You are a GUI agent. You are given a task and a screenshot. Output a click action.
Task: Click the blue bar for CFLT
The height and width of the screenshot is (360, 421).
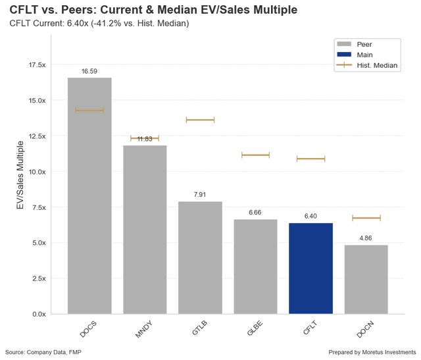pyautogui.click(x=310, y=269)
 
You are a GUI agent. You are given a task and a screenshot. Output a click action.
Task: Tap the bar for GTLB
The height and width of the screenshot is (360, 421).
pyautogui.click(x=200, y=257)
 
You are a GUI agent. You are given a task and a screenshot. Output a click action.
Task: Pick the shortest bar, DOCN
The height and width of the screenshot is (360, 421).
pyautogui.click(x=366, y=279)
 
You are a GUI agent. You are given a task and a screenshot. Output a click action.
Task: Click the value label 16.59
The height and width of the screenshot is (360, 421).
pyautogui.click(x=89, y=71)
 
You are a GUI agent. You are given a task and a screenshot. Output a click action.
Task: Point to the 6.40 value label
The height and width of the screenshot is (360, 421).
pyautogui.click(x=310, y=217)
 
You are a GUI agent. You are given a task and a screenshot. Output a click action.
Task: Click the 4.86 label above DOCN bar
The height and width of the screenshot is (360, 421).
pyautogui.click(x=366, y=238)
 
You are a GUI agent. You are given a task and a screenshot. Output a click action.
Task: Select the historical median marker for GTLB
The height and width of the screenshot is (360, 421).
pyautogui.click(x=200, y=120)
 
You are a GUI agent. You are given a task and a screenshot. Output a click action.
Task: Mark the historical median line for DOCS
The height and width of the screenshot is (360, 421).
pyautogui.click(x=89, y=111)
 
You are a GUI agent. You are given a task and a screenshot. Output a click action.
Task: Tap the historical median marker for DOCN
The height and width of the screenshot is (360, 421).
pyautogui.click(x=366, y=218)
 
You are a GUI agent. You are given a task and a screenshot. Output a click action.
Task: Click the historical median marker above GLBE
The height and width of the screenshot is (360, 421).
pyautogui.click(x=255, y=155)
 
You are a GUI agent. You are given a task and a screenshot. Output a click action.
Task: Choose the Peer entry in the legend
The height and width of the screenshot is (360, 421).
pyautogui.click(x=367, y=43)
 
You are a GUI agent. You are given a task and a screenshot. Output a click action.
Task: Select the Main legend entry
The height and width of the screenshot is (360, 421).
pyautogui.click(x=367, y=55)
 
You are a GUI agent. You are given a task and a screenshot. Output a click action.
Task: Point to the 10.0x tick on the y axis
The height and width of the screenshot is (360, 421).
pyautogui.click(x=36, y=172)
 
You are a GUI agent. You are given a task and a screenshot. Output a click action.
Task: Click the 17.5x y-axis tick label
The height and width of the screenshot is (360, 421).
pyautogui.click(x=36, y=65)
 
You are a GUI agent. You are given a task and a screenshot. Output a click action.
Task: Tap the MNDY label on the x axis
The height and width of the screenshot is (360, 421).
pyautogui.click(x=144, y=328)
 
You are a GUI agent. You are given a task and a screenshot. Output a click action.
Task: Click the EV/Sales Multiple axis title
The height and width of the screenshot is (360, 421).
pyautogui.click(x=20, y=175)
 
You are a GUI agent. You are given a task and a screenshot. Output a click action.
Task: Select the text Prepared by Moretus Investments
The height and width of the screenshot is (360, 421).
pyautogui.click(x=372, y=352)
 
